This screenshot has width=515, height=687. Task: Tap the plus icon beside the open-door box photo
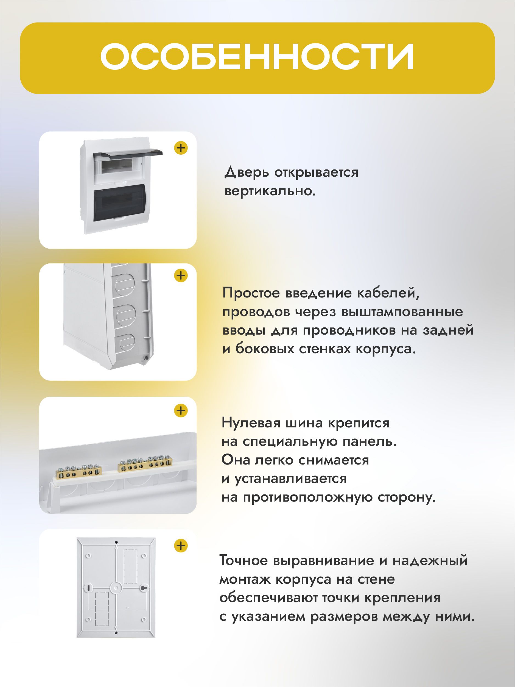181,148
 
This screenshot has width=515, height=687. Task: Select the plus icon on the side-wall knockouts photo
181,276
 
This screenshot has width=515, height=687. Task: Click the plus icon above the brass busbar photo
181,411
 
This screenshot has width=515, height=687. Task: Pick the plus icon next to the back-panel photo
181,546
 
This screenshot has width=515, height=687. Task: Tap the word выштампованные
402,312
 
